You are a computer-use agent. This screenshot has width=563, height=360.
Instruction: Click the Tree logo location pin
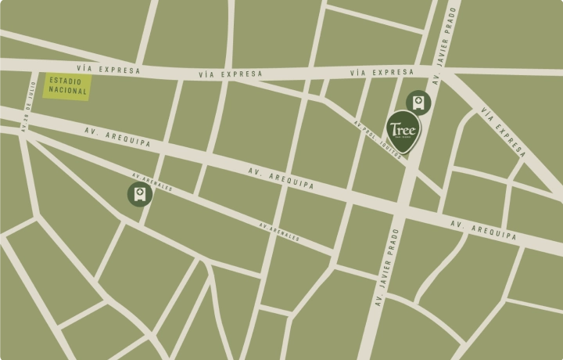[406, 131]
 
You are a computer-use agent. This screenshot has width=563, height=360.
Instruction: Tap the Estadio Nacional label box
[67, 86]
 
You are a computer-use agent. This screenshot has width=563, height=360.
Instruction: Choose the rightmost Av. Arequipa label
[483, 229]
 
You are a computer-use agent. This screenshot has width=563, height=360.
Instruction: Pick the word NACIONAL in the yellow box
[67, 92]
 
